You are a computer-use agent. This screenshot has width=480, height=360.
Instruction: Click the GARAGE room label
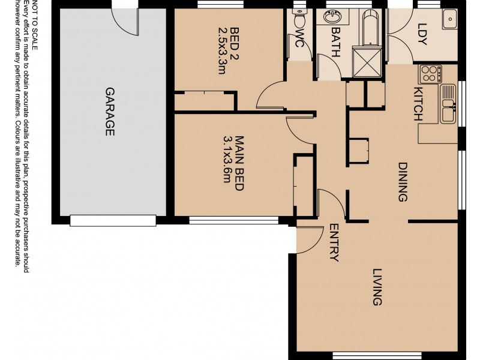point(110,112)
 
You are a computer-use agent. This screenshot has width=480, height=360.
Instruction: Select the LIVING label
point(377,287)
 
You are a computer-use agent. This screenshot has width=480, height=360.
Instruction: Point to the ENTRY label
point(334,242)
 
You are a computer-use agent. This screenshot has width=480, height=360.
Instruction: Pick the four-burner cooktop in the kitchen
point(430,74)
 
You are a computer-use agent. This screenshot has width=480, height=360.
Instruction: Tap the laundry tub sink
point(449,19)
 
